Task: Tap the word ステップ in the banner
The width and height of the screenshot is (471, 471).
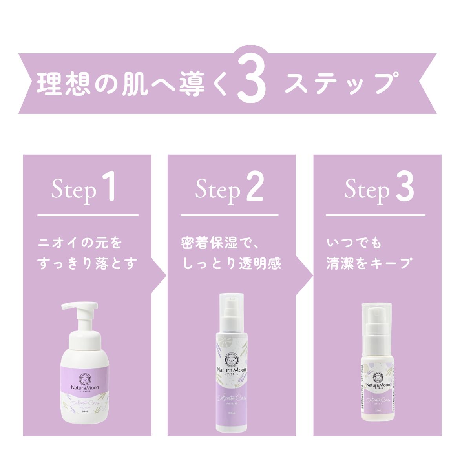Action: (339, 84)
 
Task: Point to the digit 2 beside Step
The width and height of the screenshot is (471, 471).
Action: (255, 188)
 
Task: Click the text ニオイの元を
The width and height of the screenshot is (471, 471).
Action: (80, 243)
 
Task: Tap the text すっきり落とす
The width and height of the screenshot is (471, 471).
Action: (88, 263)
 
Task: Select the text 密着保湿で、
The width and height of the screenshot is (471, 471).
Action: (220, 243)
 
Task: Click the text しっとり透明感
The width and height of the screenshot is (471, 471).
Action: (232, 263)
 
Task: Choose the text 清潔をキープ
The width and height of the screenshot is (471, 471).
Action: (369, 263)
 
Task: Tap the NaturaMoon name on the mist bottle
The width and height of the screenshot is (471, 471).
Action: (377, 386)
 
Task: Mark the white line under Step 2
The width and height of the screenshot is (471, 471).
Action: (229, 215)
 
